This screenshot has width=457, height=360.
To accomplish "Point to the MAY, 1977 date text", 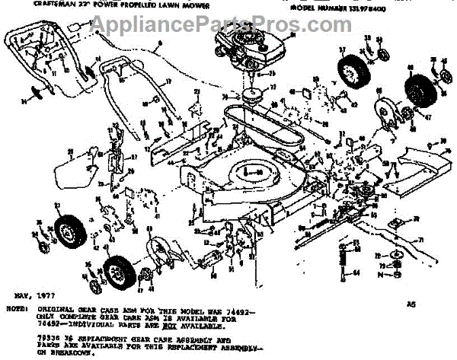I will coord(24,292).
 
